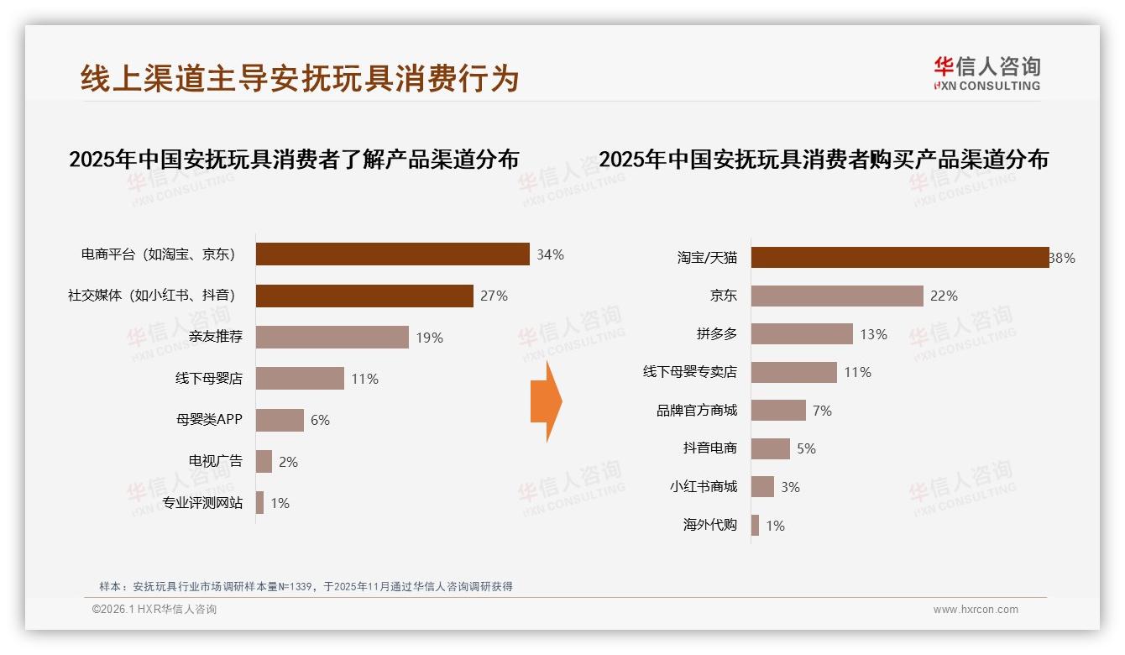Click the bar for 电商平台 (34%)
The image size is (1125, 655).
392,254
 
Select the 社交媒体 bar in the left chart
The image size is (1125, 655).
364,296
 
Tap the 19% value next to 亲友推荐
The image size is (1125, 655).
429,338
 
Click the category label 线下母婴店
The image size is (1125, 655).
208,379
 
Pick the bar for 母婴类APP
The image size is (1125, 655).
280,420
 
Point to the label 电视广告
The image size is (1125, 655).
215,461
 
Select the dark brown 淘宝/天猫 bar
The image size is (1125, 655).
899,258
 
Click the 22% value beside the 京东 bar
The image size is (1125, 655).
944,296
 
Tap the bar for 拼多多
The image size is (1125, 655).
802,334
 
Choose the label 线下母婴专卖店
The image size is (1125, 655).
689,372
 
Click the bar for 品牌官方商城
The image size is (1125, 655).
778,411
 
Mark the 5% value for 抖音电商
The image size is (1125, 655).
806,449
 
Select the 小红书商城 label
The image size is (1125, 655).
703,487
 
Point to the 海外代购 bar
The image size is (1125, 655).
755,526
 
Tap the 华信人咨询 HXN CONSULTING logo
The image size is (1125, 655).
986,73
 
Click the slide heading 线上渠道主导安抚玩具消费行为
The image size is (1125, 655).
300,78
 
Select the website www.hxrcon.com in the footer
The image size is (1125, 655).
975,610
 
